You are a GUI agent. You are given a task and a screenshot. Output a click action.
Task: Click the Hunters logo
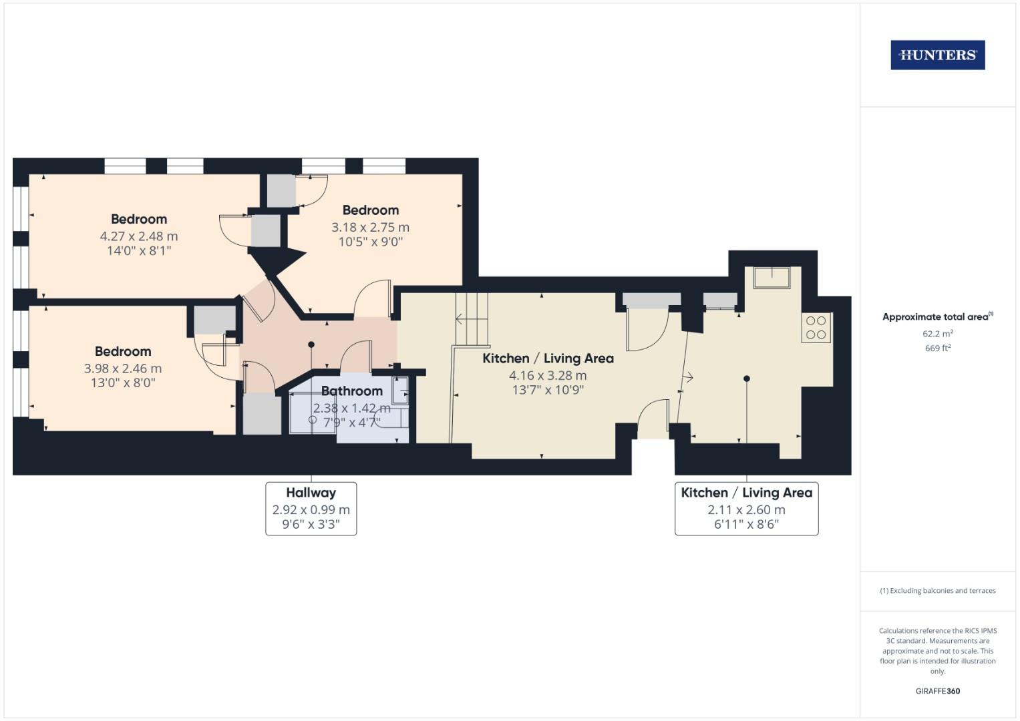[937, 55]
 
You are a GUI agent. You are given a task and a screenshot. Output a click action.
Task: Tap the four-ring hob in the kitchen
[816, 328]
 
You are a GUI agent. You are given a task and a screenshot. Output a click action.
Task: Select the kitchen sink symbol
[772, 277]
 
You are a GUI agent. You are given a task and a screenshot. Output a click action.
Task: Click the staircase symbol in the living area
[472, 319]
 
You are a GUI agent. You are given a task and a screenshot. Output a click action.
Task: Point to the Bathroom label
[351, 391]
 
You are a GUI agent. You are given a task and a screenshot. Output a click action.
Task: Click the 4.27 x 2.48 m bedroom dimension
[139, 236]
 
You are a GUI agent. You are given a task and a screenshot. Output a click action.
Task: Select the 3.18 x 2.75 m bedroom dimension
[370, 228]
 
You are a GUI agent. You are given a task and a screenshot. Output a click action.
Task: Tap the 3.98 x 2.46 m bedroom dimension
[123, 369]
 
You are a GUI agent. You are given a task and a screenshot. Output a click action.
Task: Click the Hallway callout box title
[311, 493]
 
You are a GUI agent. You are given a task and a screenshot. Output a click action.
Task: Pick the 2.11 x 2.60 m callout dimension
[746, 509]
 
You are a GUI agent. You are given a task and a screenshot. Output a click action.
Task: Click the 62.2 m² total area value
[937, 333]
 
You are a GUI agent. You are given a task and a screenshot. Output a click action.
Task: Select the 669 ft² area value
[937, 348]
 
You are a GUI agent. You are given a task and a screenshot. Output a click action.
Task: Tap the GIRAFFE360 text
[937, 691]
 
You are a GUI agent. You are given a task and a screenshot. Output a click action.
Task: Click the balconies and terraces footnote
[937, 591]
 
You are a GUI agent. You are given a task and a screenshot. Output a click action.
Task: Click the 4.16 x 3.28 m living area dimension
[548, 376]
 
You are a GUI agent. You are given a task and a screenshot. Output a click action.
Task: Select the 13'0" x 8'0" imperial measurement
[123, 383]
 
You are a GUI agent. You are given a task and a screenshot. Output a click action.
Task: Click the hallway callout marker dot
[311, 344]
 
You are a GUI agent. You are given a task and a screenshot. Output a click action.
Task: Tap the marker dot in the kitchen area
[747, 379]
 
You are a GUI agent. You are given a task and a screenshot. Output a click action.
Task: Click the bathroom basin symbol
[400, 391]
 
